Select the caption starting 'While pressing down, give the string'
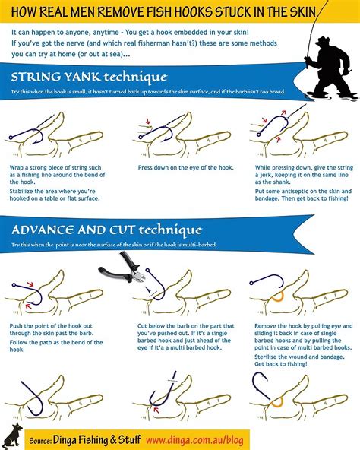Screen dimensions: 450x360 (x=293, y=173)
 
